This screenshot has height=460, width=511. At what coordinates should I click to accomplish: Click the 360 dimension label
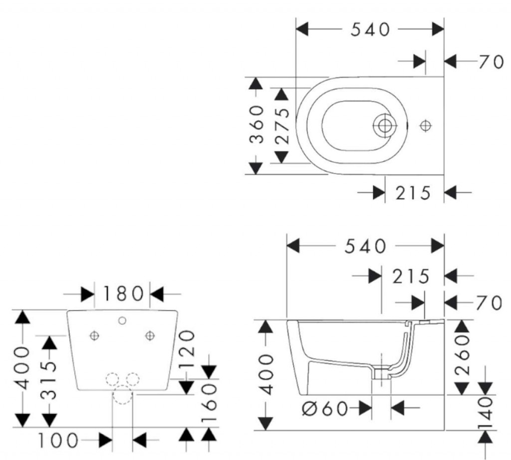point(257,124)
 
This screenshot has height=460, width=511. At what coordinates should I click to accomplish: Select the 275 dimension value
point(282,125)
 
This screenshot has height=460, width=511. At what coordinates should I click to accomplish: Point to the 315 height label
point(48,380)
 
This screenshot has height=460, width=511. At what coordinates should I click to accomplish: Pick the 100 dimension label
point(58,441)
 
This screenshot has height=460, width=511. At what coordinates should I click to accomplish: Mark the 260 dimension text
point(463,356)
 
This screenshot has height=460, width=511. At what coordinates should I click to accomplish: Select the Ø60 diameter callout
point(324,409)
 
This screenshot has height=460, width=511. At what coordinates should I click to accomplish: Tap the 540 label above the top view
point(370,29)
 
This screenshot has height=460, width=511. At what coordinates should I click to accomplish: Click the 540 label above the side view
point(366,246)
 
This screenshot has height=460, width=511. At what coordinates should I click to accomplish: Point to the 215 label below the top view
point(413,192)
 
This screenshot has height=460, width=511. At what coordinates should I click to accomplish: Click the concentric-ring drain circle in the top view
point(384,126)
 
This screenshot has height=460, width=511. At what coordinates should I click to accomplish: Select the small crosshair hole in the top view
point(425,126)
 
